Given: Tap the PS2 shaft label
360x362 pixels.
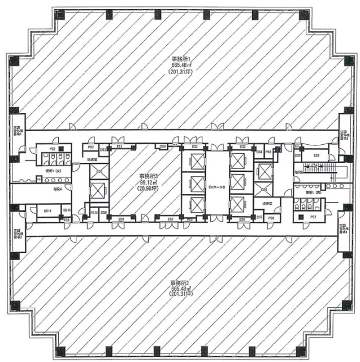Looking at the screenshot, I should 51,149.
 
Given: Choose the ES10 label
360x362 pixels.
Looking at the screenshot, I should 48,210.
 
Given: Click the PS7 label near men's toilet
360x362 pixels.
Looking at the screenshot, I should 313,217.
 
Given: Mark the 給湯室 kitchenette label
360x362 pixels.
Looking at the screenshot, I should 92,160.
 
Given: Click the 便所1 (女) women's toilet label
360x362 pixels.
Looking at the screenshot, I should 54,170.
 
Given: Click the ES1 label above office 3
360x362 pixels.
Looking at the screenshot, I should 120,147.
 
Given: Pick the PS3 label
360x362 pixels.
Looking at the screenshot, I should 90,148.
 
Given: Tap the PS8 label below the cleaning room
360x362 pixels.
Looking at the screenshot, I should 271,217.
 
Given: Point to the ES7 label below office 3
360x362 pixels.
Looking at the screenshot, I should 171,219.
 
